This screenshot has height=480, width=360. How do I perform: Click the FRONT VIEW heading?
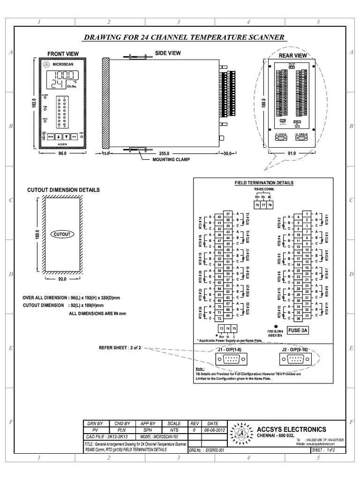63,54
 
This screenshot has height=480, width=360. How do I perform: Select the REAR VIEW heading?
292,55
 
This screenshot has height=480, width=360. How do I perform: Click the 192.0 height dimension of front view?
34,103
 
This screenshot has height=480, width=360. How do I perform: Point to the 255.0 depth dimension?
164,153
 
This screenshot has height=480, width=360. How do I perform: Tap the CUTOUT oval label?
62,233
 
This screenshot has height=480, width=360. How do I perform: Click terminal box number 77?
263,205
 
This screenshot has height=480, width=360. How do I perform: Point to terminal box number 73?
221,329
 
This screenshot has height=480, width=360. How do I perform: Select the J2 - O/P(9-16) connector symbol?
294,359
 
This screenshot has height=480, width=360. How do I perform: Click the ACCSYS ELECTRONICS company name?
292,429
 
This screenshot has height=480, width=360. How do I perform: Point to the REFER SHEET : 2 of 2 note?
120,348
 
